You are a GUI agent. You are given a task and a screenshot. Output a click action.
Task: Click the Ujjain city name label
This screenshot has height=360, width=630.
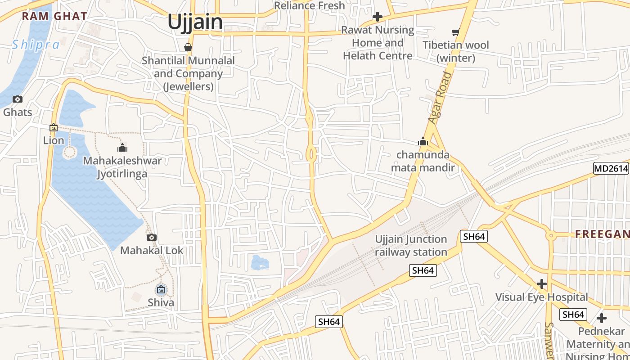point(195,22)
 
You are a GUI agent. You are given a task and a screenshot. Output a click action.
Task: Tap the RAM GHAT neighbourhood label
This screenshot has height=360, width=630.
point(54,17)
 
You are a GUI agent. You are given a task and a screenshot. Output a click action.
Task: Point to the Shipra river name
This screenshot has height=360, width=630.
point(36,45)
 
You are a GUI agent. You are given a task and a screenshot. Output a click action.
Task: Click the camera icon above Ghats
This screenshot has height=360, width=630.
point(18,99)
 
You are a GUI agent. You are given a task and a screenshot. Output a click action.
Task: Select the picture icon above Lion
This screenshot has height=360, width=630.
point(54,127)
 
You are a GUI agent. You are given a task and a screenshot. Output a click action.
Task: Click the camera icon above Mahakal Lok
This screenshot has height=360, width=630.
point(152,237)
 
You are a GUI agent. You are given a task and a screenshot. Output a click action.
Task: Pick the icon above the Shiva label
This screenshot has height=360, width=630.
point(161,289)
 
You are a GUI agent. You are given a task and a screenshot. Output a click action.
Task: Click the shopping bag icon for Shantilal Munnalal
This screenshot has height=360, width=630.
point(188,47)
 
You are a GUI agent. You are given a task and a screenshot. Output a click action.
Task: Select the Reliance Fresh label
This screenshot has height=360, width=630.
point(309,6)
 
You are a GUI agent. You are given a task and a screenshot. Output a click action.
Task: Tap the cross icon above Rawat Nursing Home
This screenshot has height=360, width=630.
point(378,17)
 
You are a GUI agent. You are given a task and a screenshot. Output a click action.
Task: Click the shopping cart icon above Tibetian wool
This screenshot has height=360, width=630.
point(456,32)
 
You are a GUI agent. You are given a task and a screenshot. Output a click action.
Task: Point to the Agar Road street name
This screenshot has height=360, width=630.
point(440,98)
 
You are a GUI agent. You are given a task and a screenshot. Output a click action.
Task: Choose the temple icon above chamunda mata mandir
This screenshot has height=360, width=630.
point(423,142)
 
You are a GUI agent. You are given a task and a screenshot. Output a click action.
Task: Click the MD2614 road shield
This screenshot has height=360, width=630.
point(611,169)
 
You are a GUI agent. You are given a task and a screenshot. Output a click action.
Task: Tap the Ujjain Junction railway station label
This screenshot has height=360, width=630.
point(411,246)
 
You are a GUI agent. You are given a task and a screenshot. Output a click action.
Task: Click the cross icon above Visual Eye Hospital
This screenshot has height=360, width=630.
point(542,284)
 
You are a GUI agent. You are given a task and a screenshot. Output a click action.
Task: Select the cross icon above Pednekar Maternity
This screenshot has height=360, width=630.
point(602,319)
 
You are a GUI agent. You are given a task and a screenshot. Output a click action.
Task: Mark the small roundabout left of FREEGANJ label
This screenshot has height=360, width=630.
point(550,235)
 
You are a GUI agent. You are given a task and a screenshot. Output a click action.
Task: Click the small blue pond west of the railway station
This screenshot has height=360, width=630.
point(259,263)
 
